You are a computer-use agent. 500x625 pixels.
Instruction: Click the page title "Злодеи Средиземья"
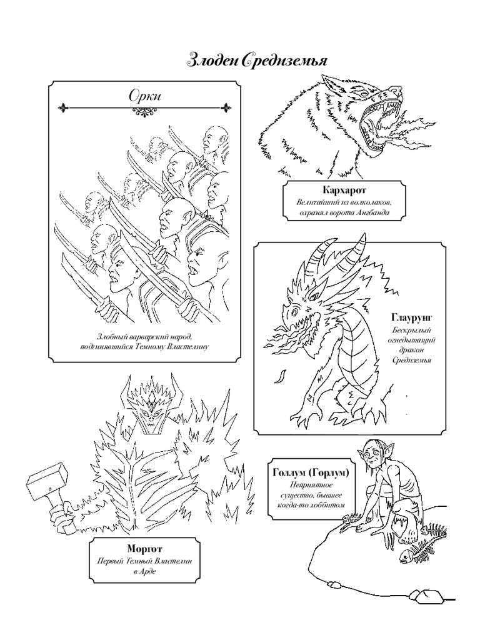(257, 60)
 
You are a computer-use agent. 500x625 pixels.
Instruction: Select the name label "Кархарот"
(344, 190)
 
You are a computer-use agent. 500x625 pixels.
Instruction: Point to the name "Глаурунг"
(411, 317)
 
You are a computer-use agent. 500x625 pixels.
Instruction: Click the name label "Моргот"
(145, 549)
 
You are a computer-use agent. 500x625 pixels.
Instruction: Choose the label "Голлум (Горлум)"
(311, 472)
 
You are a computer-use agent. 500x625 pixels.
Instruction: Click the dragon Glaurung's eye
(294, 309)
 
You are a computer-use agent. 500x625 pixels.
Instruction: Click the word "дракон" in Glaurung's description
(411, 350)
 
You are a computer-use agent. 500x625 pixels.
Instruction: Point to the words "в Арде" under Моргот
(145, 571)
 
